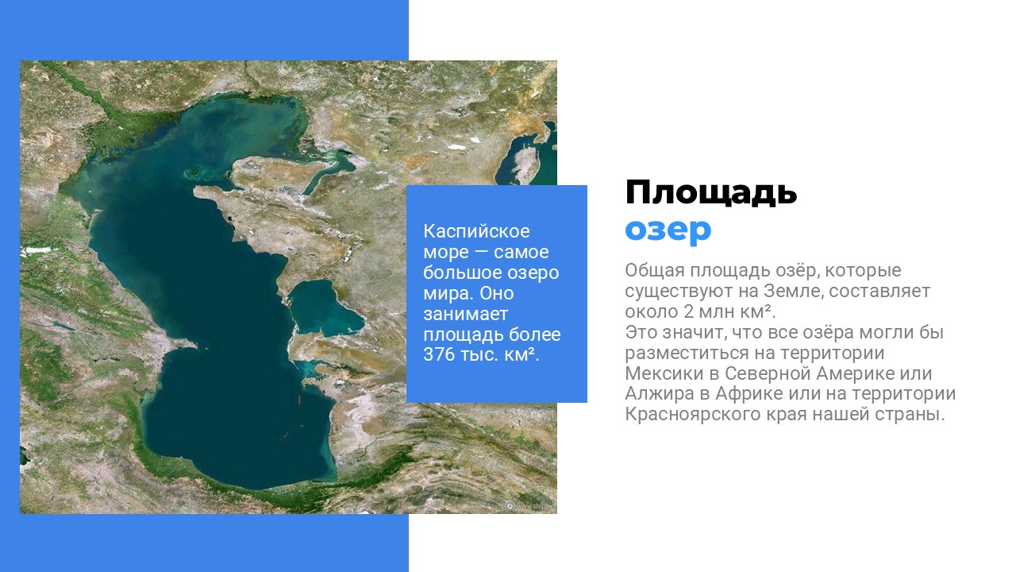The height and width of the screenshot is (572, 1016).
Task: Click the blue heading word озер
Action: pyautogui.click(x=668, y=230)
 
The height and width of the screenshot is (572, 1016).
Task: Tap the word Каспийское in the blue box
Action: pyautogui.click(x=476, y=231)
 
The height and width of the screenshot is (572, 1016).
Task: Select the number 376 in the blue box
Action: pyautogui.click(x=438, y=354)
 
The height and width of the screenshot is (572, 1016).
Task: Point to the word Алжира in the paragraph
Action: pyautogui.click(x=660, y=393)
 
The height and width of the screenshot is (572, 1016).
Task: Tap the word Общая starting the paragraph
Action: pyautogui.click(x=655, y=271)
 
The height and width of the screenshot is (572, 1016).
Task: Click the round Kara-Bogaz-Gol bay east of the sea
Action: pyautogui.click(x=325, y=307)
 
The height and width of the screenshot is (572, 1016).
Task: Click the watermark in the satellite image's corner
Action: pyautogui.click(x=531, y=506)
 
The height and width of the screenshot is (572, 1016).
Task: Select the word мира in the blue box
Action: pyautogui.click(x=448, y=293)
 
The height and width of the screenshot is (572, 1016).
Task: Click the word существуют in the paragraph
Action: pyautogui.click(x=679, y=291)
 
